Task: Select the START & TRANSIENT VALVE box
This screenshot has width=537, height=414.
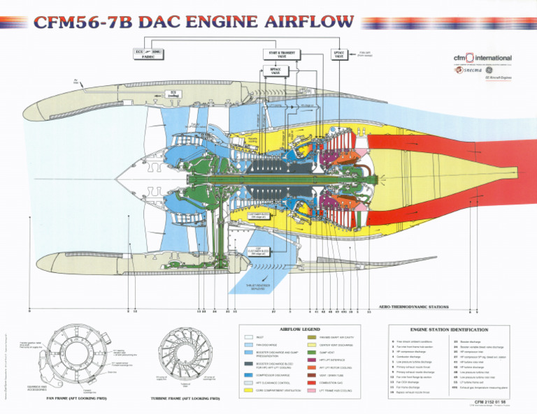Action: point(280,54)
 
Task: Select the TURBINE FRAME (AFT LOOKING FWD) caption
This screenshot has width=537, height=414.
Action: point(185,399)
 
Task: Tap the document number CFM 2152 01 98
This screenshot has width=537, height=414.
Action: point(489,403)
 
